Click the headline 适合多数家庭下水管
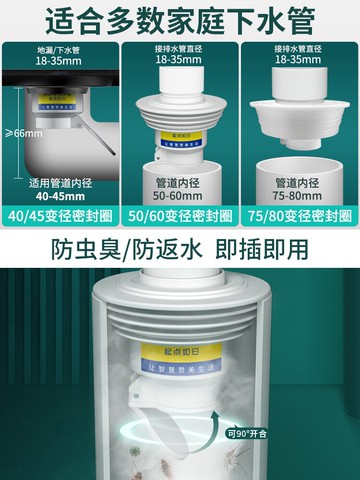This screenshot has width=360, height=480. [180, 20]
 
